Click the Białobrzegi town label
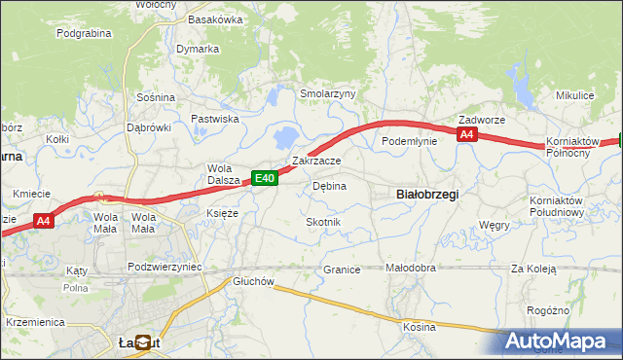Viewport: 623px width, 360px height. pos(428,195)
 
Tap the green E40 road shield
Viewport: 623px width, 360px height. pos(266,177)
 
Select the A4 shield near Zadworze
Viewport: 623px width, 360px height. pos(467,135)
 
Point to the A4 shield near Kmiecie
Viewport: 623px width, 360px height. pos(43,222)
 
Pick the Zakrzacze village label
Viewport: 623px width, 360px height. pos(316,161)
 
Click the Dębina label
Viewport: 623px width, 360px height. pos(329,185)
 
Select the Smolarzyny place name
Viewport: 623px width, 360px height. pos(328,93)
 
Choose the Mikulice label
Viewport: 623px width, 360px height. pos(574,95)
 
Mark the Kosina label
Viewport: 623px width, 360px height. pos(420,327)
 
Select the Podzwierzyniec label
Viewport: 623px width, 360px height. pos(165,266)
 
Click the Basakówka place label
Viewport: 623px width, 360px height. pos(215,18)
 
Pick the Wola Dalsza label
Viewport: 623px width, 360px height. pos(224,172)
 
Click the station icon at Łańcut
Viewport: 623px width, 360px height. pos(143,342)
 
